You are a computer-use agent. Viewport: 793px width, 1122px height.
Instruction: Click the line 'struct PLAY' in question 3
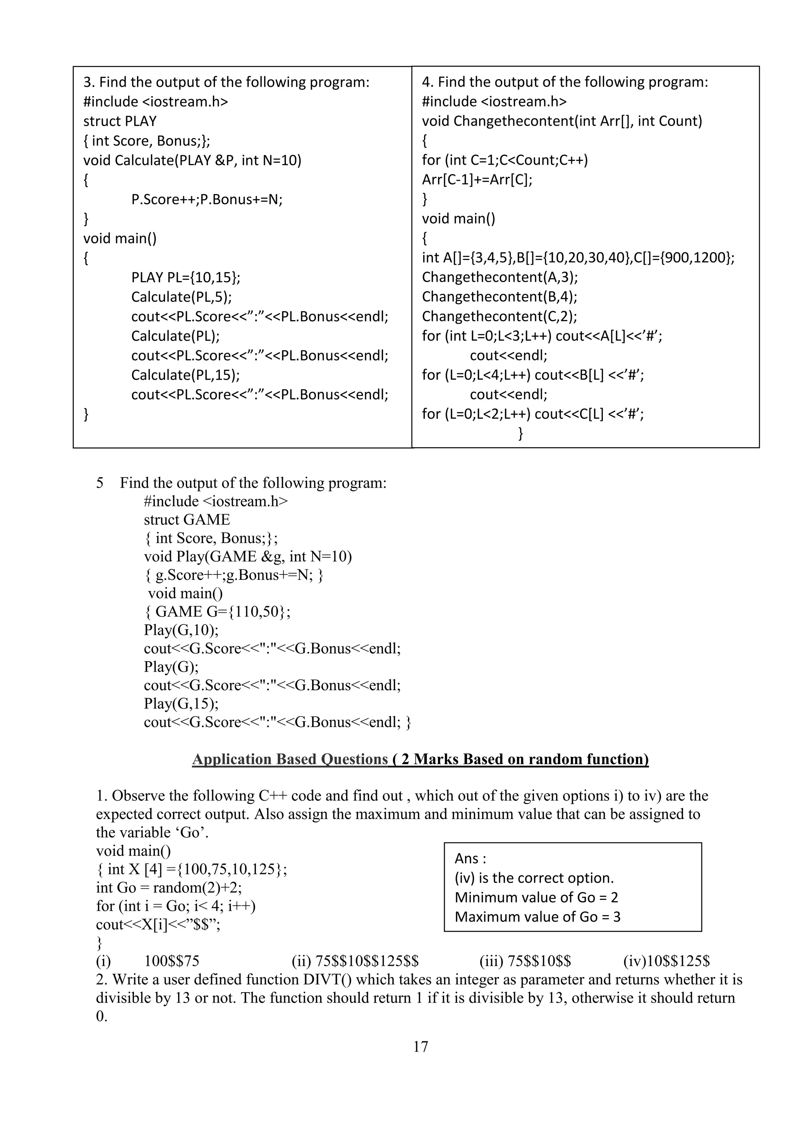(x=120, y=121)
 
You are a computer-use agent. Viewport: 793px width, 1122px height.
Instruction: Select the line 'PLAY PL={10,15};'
(x=185, y=277)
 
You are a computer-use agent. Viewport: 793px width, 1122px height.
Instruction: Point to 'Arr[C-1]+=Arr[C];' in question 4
(x=477, y=180)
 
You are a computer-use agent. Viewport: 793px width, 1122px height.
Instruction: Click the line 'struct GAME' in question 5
(x=187, y=519)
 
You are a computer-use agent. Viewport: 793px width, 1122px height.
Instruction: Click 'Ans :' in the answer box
(x=470, y=858)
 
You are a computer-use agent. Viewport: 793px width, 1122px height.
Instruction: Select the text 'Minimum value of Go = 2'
(x=536, y=898)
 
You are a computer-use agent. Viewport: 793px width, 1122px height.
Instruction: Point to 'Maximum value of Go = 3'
(x=537, y=917)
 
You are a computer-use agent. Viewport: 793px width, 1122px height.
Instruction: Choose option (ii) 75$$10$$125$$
(x=355, y=961)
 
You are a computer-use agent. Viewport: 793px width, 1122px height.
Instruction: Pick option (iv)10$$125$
(x=666, y=961)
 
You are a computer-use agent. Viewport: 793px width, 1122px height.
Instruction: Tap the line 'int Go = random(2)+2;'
(x=169, y=888)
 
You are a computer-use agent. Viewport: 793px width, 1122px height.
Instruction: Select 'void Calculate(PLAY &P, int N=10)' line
(x=192, y=160)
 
